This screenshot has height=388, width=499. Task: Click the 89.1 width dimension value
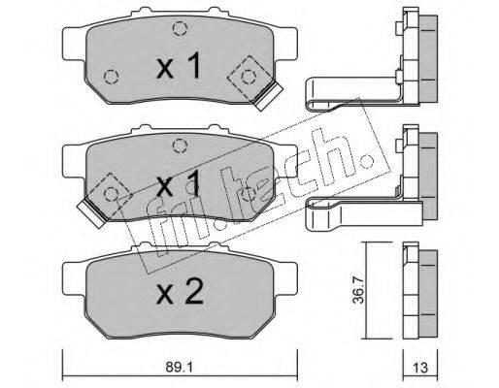(x=180, y=368)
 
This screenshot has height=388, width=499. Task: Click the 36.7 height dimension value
(x=358, y=288)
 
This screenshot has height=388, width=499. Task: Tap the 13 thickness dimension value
(x=420, y=368)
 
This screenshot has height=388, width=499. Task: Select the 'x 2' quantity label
(x=180, y=292)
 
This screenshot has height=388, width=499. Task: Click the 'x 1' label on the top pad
(x=179, y=66)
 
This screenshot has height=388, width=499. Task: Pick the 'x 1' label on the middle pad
(x=179, y=184)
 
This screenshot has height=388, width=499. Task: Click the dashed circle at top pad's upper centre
(x=180, y=28)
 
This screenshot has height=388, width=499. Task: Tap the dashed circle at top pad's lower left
(x=112, y=77)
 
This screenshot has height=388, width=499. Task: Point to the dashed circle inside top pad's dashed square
(x=249, y=77)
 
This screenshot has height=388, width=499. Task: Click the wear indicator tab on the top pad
(x=268, y=96)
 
